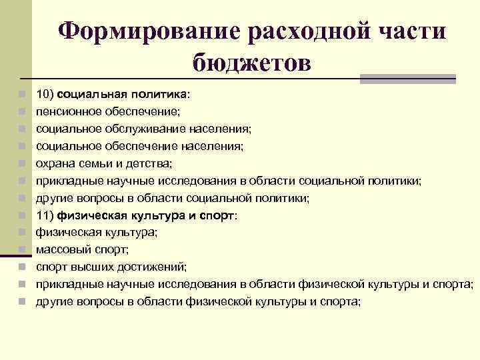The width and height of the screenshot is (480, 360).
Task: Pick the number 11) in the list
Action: click(x=45, y=215)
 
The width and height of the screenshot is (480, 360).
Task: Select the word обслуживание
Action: click(x=135, y=128)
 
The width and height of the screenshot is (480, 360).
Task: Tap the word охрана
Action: click(x=55, y=163)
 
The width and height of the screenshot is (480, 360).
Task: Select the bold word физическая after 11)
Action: click(x=87, y=215)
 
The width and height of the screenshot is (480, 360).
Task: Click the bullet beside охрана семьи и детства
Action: click(x=22, y=163)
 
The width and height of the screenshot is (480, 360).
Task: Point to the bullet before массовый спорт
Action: click(x=22, y=249)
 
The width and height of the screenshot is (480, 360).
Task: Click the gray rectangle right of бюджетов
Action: click(x=407, y=78)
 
